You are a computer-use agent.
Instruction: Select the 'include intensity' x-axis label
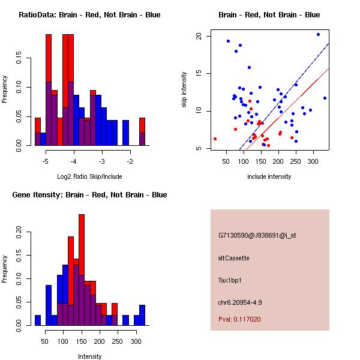(269, 176)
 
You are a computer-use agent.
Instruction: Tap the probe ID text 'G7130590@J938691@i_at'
(257, 235)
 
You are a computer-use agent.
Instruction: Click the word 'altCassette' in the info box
(234, 258)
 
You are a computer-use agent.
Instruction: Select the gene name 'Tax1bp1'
(231, 280)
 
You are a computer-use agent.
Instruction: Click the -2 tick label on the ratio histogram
(128, 161)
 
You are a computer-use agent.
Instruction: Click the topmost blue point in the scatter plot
(318, 34)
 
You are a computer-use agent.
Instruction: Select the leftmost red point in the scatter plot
(215, 139)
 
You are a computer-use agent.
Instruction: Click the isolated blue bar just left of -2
(125, 133)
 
